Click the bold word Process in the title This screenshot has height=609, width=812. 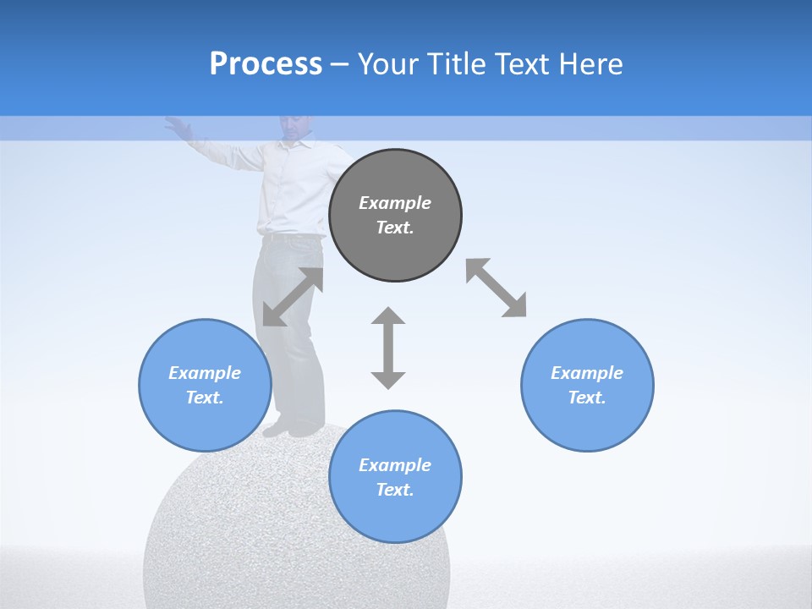pyautogui.click(x=266, y=64)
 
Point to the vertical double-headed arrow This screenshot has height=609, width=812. pyautogui.click(x=388, y=348)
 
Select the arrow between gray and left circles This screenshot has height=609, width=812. pyautogui.click(x=293, y=297)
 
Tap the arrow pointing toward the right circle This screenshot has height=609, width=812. pyautogui.click(x=497, y=288)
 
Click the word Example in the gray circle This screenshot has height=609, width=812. pyautogui.click(x=395, y=203)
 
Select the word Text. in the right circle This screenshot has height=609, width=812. pyautogui.click(x=587, y=398)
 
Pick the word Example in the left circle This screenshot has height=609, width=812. pyautogui.click(x=205, y=373)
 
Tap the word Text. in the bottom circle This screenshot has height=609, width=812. pyautogui.click(x=395, y=490)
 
